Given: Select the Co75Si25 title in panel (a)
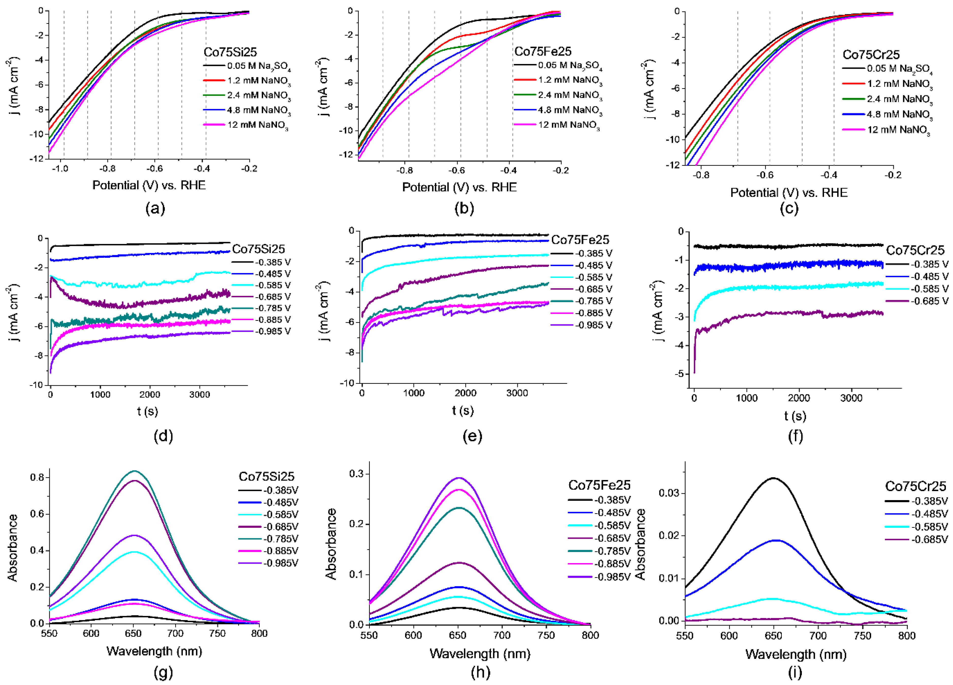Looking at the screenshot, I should (230, 52).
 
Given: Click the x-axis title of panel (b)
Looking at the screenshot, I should (459, 187).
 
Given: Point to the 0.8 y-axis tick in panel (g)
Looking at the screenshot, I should (37, 478).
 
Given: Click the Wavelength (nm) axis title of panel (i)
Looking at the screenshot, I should (796, 654).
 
